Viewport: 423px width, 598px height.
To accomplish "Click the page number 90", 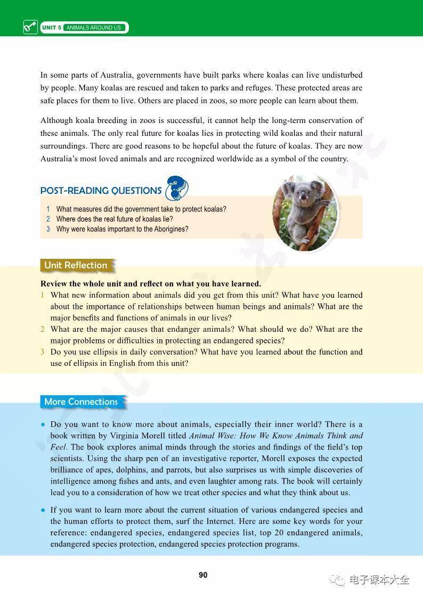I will [x=203, y=575].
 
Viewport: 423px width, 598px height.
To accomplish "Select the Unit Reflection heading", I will [x=76, y=265].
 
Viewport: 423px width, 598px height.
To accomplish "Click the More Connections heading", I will [x=81, y=402].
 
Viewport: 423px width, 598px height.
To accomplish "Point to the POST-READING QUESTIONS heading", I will [x=101, y=191].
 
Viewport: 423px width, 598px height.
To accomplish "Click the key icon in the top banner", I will [x=30, y=27].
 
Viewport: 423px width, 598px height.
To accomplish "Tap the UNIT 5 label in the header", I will [x=52, y=28].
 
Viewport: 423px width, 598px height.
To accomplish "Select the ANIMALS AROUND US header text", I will [x=93, y=28].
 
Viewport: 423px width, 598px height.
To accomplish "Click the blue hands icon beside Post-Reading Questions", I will [x=177, y=188].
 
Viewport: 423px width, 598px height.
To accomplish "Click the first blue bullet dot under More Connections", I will [x=43, y=424].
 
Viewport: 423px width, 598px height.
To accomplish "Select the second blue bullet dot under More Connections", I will [x=43, y=510].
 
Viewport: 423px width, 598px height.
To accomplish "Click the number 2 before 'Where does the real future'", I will [x=48, y=219].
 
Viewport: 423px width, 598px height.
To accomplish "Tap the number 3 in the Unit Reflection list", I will [x=43, y=352].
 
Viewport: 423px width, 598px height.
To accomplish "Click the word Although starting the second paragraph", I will [x=57, y=121].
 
